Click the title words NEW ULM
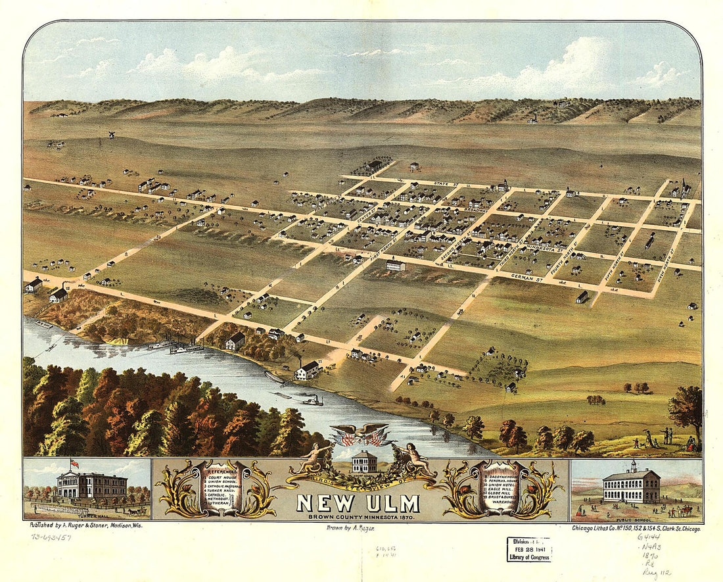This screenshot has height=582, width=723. pos(358,503)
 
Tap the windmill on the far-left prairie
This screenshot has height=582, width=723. pos(112,134)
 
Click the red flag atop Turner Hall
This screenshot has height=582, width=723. pos(74,464)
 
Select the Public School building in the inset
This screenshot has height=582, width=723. pos(631,487)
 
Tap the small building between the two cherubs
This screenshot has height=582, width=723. pos(365,462)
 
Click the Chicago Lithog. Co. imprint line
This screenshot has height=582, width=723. pos(635,527)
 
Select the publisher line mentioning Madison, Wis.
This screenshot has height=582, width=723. pos(86,525)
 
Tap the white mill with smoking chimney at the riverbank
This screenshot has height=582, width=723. pos(306,371)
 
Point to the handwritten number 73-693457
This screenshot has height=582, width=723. pos(51,537)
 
